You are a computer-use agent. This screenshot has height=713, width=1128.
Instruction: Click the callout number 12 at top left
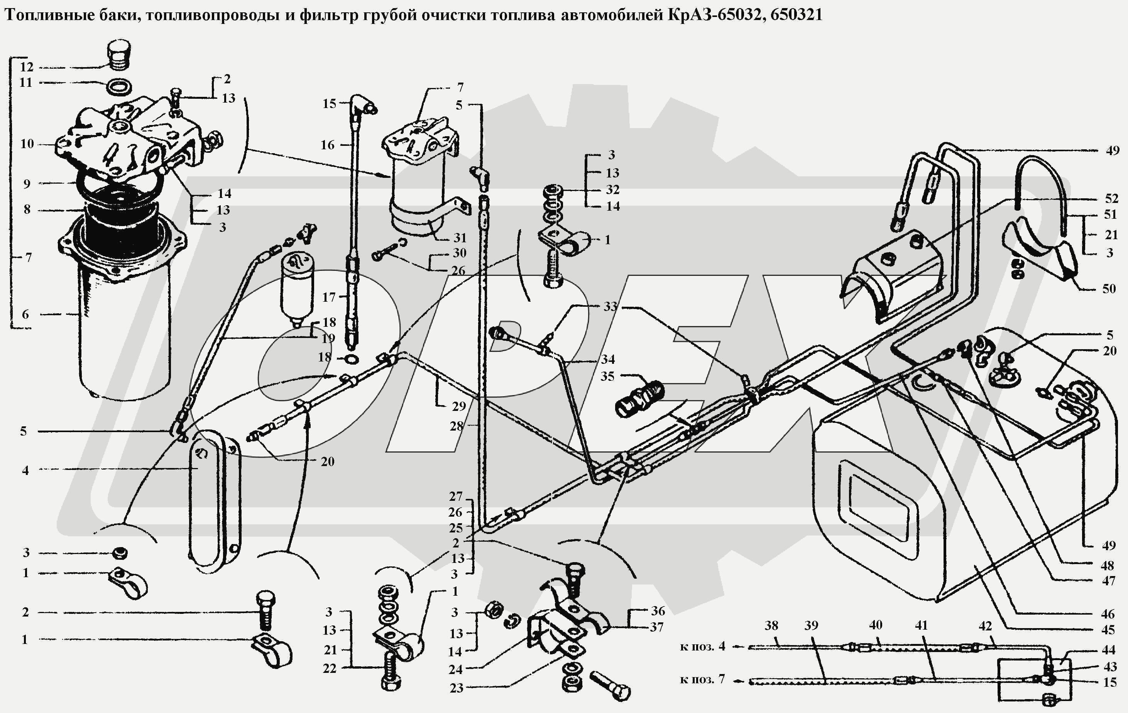coord(27,67)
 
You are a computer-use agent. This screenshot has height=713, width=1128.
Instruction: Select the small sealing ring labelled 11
coord(119,87)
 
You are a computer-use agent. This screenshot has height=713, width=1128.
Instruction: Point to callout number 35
coord(607,377)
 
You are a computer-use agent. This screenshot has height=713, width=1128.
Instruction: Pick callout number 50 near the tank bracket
coord(1109,289)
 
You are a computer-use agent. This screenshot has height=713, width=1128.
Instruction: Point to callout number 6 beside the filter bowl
coord(25,314)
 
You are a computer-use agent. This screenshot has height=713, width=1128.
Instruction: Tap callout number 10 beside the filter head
coord(27,144)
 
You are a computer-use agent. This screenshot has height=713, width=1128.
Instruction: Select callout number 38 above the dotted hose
coord(771,625)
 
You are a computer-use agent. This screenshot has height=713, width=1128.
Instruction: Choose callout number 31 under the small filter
coord(460,238)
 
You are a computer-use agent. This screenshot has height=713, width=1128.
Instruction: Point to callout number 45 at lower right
coord(1108,630)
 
